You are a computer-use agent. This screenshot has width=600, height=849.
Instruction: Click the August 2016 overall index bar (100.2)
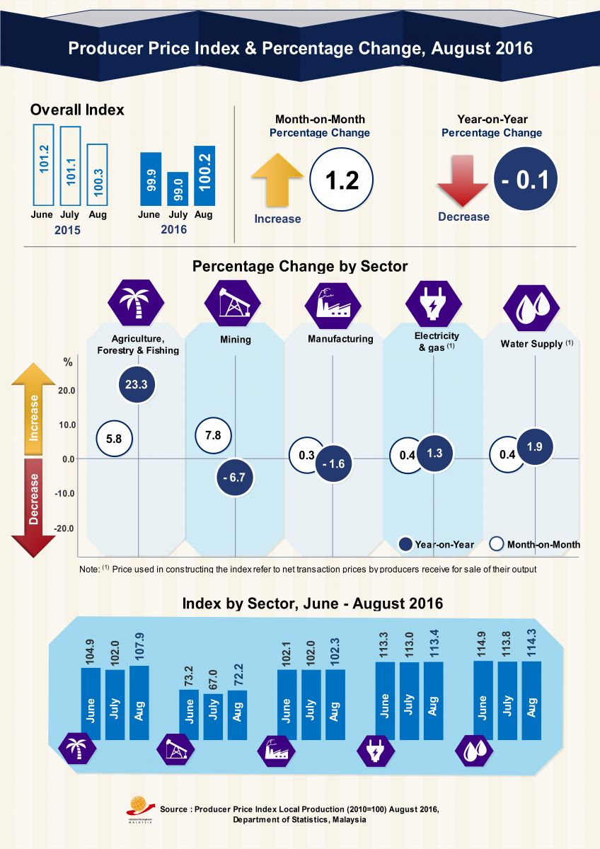click(x=204, y=175)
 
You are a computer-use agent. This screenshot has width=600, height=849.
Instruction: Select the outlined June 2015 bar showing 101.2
click(x=43, y=165)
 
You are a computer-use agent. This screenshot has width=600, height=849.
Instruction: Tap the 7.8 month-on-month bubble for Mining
click(x=213, y=436)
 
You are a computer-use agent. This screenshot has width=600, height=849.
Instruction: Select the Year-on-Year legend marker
click(x=405, y=544)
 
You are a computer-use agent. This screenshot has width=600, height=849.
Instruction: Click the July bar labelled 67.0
click(x=213, y=716)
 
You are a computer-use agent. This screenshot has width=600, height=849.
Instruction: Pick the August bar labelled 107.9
click(x=139, y=702)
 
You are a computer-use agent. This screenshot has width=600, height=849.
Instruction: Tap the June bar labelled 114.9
click(x=483, y=700)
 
